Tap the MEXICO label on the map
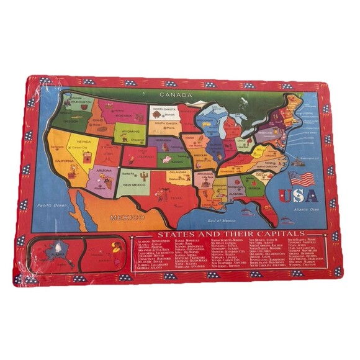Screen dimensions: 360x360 click(127, 217)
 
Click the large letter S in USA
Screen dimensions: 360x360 click(301, 196)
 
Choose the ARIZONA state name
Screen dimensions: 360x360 click(104, 170)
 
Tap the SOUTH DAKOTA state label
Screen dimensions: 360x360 click(160, 124)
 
